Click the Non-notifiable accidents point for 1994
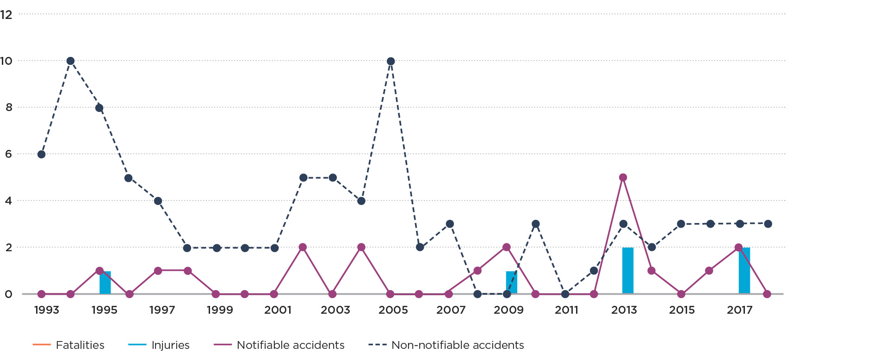[70, 61]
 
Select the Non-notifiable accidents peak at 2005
[391, 62]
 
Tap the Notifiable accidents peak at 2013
[623, 178]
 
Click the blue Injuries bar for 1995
[105, 283]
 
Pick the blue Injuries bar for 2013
[628, 271]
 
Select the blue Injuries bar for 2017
[744, 271]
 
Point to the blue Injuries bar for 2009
[511, 283]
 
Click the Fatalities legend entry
[69, 345]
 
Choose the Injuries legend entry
[159, 345]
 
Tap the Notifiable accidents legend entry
[279, 345]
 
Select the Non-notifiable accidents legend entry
[446, 345]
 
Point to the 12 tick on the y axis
[6, 15]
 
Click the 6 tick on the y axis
[8, 155]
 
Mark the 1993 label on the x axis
[47, 310]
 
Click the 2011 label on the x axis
[566, 310]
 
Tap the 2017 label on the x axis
[739, 310]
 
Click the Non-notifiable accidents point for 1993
[42, 155]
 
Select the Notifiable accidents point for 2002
[303, 248]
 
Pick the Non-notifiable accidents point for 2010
[536, 224]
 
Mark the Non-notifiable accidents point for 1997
[158, 201]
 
